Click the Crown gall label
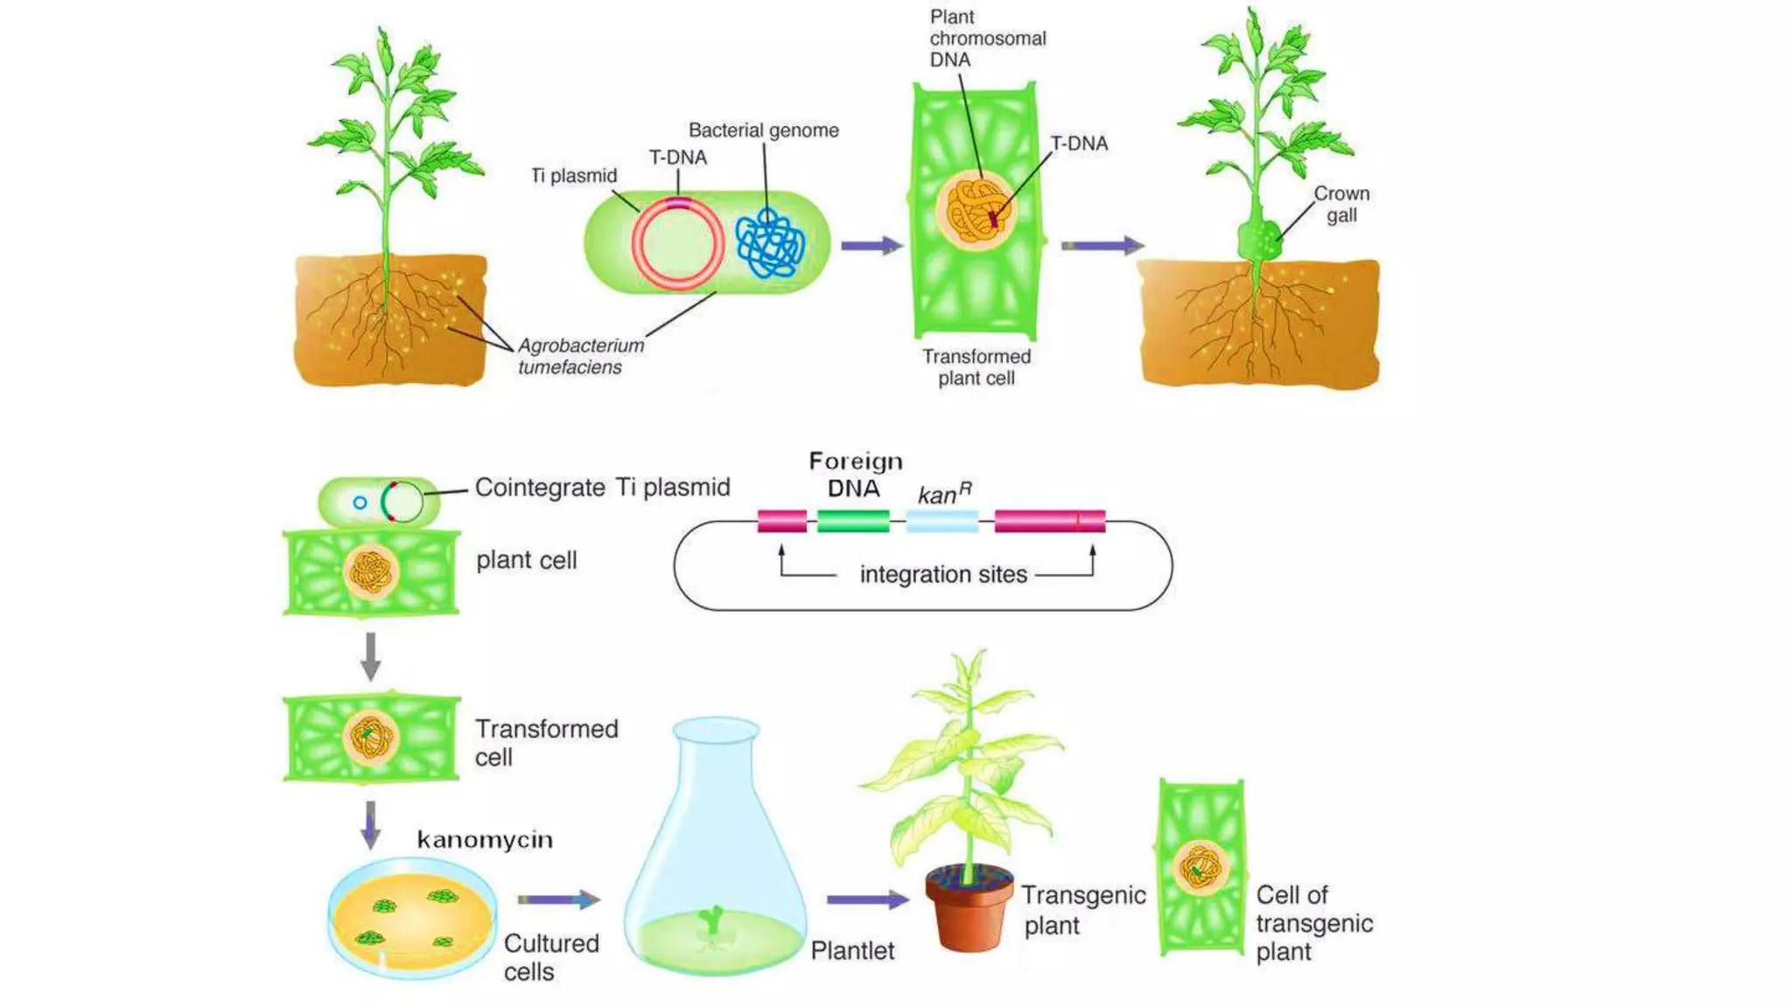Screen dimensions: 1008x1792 (x=1341, y=204)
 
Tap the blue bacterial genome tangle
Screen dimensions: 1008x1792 (x=769, y=244)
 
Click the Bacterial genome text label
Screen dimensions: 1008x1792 (x=763, y=130)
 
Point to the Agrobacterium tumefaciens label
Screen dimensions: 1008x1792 (x=580, y=356)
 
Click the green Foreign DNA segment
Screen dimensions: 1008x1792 (x=853, y=521)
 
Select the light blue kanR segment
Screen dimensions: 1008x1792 (x=941, y=521)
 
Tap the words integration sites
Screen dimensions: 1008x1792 (x=943, y=574)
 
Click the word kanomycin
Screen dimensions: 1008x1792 (x=485, y=840)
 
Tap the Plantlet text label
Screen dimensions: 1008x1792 (x=852, y=951)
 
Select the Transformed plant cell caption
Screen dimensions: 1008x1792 (x=976, y=367)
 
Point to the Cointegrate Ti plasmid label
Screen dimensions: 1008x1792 (x=602, y=487)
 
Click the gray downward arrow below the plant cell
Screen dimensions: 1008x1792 (x=370, y=655)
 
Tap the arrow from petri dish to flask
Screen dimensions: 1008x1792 (x=558, y=899)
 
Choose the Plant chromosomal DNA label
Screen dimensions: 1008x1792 (x=987, y=38)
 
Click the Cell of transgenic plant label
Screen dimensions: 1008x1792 (x=1313, y=923)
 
